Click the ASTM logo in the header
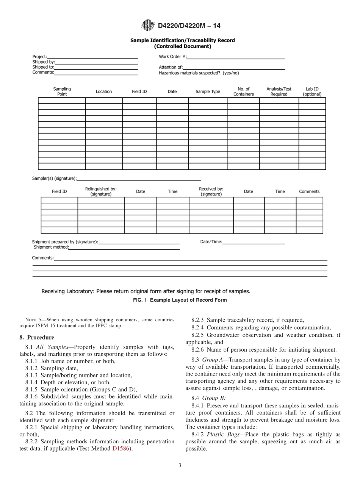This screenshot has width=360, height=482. pyautogui.click(x=147, y=25)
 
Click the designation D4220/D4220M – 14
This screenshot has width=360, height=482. pyautogui.click(x=189, y=26)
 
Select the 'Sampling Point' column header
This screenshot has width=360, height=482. pyautogui.click(x=62, y=92)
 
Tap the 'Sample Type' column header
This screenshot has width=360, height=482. pyautogui.click(x=208, y=92)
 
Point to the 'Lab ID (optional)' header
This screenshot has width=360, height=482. pyautogui.click(x=312, y=92)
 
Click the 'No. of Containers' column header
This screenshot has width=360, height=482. pyautogui.click(x=243, y=92)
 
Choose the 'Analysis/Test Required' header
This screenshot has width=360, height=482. pyautogui.click(x=279, y=92)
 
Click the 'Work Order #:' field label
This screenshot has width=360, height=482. pyautogui.click(x=172, y=57)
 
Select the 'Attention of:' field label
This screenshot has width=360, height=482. pyautogui.click(x=171, y=67)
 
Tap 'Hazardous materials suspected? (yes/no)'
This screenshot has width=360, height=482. pyautogui.click(x=199, y=73)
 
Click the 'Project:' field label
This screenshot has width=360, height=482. pyautogui.click(x=40, y=57)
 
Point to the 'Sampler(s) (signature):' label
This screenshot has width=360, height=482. pyautogui.click(x=54, y=178)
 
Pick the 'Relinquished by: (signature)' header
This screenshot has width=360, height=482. pyautogui.click(x=101, y=191)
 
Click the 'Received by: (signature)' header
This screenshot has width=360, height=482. pyautogui.click(x=211, y=191)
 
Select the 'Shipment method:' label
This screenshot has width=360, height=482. pyautogui.click(x=52, y=247)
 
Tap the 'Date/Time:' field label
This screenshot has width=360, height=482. pyautogui.click(x=211, y=242)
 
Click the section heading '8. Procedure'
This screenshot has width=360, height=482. pyautogui.click(x=36, y=337)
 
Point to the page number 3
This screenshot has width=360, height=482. pyautogui.click(x=180, y=465)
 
